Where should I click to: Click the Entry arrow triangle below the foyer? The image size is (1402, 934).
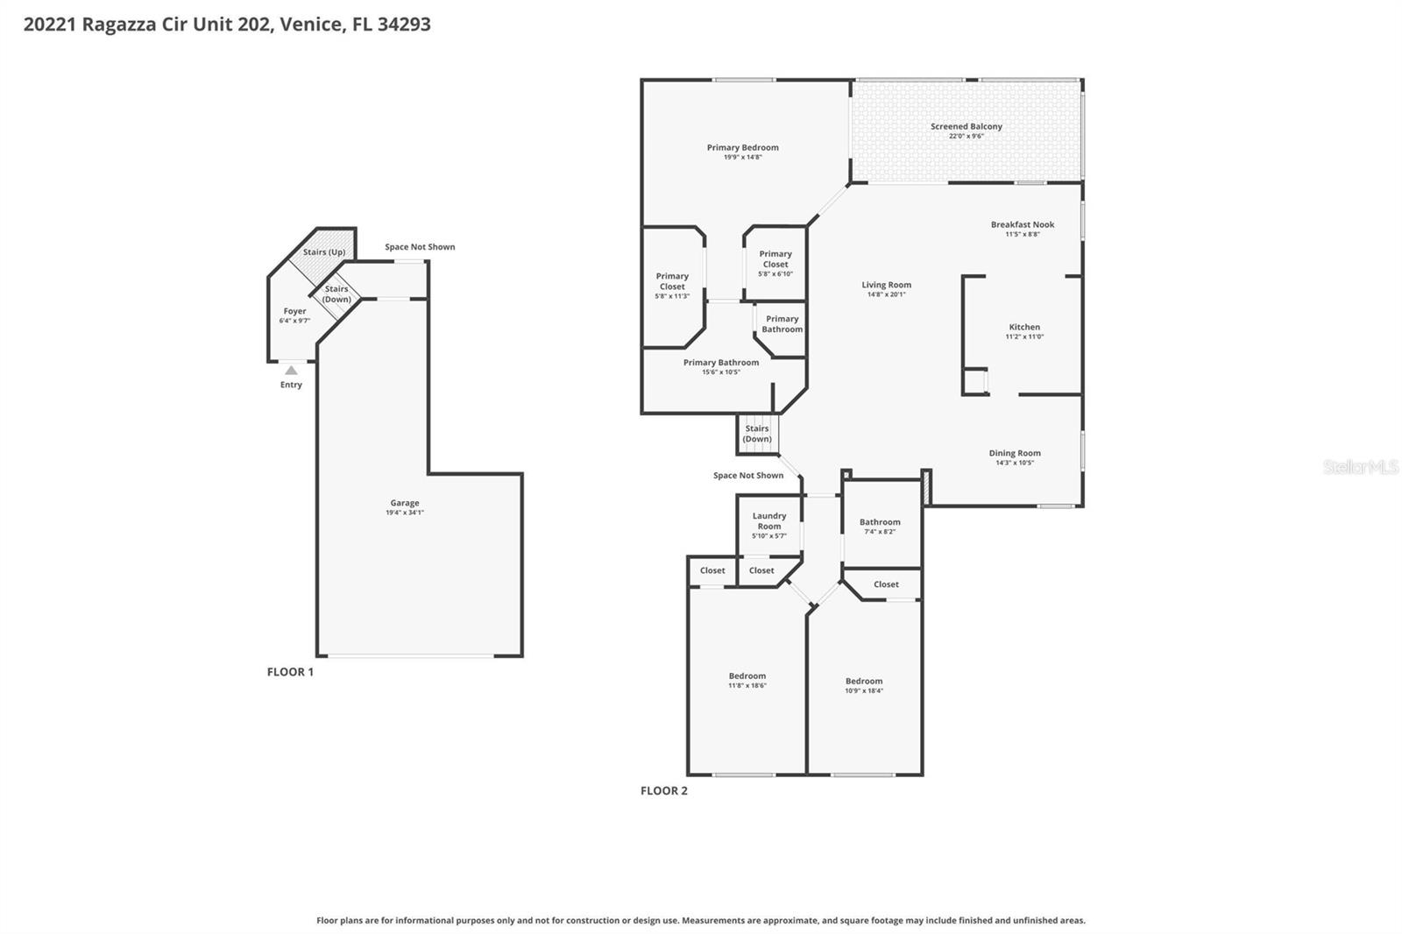coord(291,371)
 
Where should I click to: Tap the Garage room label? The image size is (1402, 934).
coord(404,503)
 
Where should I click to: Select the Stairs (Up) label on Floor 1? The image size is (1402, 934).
coord(324,252)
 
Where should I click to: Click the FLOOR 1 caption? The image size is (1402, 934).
coord(290,672)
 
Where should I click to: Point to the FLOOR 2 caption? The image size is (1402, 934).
coord(663,791)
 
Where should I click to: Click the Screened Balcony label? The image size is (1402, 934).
coord(966,126)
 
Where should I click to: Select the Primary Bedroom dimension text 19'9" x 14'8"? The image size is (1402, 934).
coord(742,157)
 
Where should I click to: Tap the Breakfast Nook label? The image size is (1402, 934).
coord(1022,224)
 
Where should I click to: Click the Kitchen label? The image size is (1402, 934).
coord(1023,327)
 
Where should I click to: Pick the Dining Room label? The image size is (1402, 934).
coord(1015,453)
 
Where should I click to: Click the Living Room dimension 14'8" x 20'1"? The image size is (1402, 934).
coord(886,294)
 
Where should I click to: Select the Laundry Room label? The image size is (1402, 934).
coord(768,521)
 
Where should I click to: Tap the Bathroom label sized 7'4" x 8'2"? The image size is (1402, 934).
coord(880,522)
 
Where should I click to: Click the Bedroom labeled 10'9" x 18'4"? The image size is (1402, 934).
coord(863,681)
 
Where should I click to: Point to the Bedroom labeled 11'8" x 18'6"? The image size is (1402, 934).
coord(747,676)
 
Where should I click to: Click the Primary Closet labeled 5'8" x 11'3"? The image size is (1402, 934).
coord(672,281)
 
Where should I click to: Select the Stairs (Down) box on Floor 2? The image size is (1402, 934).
coord(757,435)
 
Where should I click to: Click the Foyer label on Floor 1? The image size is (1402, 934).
coord(294,311)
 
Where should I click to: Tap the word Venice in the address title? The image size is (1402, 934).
coord(313,25)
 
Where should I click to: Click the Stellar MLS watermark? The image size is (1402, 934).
coord(1360,467)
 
